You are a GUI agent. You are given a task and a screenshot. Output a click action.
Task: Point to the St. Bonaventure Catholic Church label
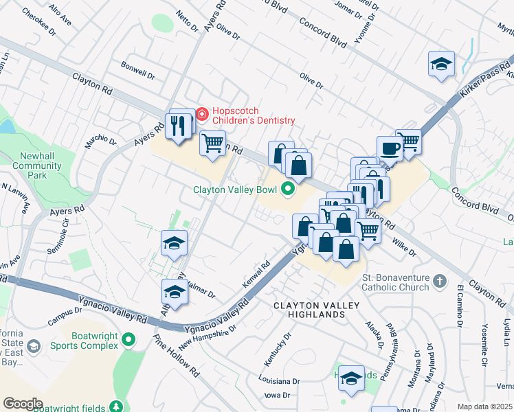pos(395,282)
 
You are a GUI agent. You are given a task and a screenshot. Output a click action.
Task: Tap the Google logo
pos(23,404)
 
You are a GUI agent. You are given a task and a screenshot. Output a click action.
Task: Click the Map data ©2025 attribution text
pos(484,407)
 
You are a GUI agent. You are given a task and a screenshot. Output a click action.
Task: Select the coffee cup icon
pos(389,147)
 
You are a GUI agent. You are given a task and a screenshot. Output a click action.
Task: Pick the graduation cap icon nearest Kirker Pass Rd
pos(440,64)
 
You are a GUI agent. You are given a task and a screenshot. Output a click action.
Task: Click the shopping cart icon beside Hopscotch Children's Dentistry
pos(213,143)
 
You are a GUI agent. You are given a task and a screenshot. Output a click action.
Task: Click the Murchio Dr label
pos(100,141)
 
